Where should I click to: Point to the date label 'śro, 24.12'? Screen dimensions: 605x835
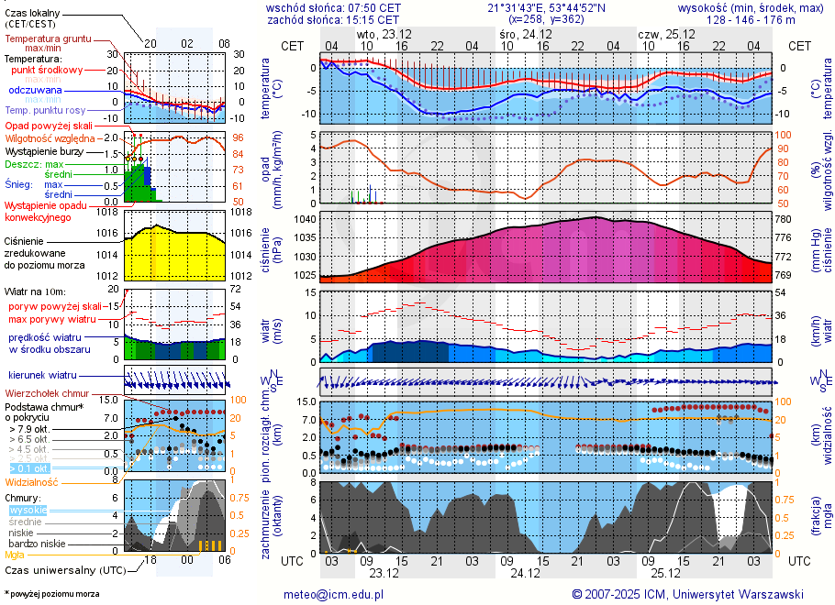(520, 35)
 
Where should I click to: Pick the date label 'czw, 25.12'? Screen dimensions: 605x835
(666, 35)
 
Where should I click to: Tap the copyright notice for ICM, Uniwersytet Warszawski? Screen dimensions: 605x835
(687, 594)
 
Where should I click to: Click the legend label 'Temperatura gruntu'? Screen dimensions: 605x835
(47, 39)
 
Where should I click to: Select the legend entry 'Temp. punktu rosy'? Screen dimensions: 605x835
(46, 110)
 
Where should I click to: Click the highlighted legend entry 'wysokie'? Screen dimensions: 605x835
(28, 510)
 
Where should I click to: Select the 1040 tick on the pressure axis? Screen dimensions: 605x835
(305, 220)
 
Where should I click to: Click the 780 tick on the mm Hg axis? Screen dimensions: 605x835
(784, 220)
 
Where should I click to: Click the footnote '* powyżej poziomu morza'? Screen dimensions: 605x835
(51, 594)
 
